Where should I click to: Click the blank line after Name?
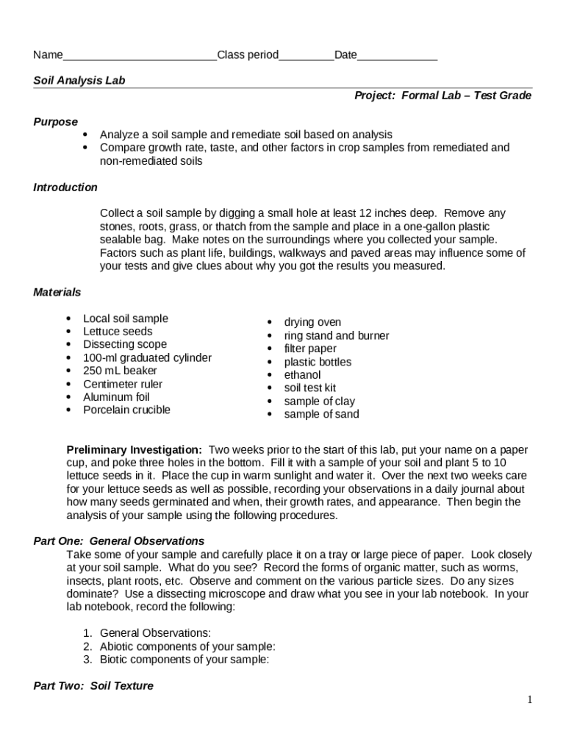pos(140,56)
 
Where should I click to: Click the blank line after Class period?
pos(307,56)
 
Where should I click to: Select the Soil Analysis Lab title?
pos(79,80)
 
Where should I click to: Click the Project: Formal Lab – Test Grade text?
pos(443,96)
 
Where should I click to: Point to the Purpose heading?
pos(56,121)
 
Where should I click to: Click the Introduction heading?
pos(65,188)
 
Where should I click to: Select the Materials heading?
pos(57,292)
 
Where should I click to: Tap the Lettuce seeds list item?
pos(118,332)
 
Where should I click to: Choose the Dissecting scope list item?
pos(125,345)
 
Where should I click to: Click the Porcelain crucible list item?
pos(126,410)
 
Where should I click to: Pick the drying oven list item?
pos(312,322)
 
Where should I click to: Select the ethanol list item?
pos(303,375)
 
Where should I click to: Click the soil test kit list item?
pos(310,388)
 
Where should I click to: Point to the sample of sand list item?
pos(322,415)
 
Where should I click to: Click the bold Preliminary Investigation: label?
pos(135,449)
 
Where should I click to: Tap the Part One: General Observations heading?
pos(119,541)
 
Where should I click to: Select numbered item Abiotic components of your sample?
pos(187,646)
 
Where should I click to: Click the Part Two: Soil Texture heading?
pos(93,686)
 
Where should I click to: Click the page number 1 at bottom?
pos(529,699)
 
